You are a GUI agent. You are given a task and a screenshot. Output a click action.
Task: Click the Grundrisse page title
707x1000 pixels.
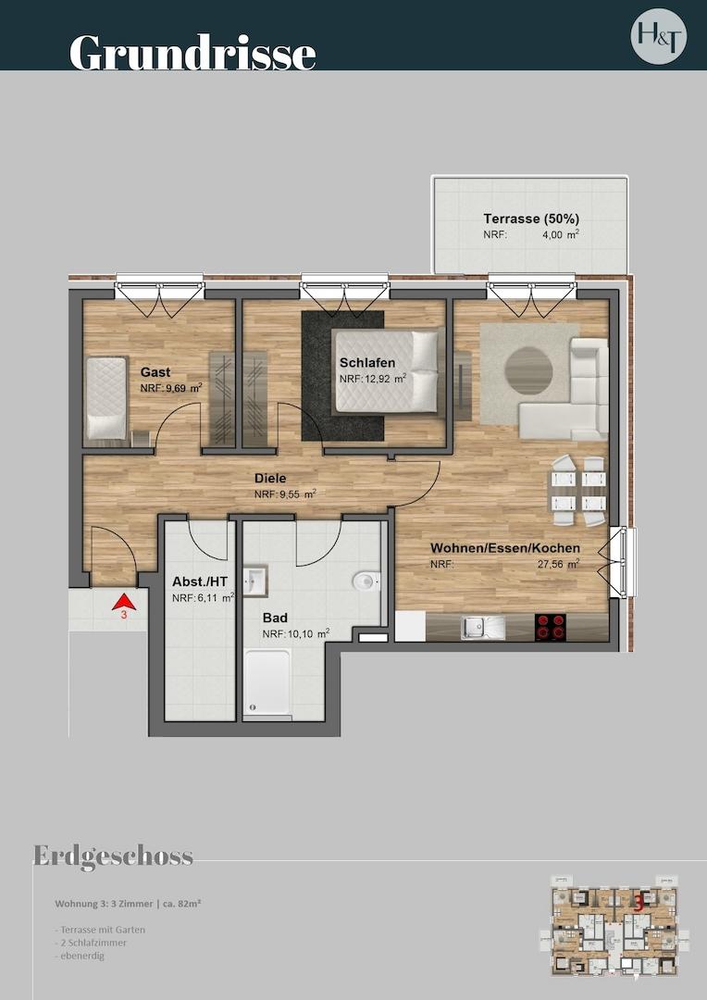tap(192, 52)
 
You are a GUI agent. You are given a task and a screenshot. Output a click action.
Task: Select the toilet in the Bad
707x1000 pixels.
tap(366, 581)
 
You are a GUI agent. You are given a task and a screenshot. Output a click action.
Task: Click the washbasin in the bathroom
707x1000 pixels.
tap(255, 581)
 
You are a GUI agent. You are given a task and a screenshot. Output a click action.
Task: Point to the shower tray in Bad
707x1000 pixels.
tap(268, 683)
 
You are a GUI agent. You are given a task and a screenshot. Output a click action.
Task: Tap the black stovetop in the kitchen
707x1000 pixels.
tap(553, 627)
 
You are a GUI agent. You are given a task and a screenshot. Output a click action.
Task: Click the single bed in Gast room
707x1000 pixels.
tap(105, 397)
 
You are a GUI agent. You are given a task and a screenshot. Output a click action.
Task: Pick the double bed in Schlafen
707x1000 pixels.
tap(387, 371)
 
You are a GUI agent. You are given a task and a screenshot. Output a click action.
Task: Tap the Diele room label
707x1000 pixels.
tap(270, 479)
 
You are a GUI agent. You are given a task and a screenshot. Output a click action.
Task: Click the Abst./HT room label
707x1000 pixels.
tap(200, 581)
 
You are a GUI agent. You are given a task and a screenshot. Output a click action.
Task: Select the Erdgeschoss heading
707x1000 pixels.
tap(113, 856)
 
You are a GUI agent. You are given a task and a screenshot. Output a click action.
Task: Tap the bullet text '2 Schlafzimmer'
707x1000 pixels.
tap(91, 942)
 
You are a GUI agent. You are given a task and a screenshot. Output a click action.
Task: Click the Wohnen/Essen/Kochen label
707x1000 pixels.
tap(505, 548)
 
